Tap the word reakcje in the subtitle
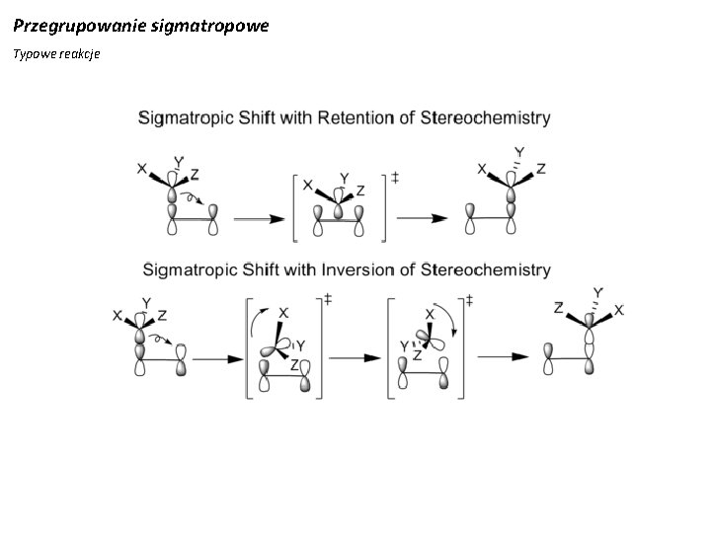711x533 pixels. pos(81,53)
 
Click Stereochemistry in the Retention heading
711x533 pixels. pos(486,117)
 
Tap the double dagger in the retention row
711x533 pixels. pos(395,178)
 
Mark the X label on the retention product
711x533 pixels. pos(482,169)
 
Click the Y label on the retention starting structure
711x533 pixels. pos(178,161)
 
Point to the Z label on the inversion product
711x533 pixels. pos(559,308)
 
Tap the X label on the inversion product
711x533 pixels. pos(619,310)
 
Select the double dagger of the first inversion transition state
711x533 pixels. pos(327,299)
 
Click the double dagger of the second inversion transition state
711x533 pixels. pos(468,299)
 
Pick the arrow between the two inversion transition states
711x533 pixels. pos(355,358)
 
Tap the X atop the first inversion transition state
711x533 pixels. pos(283,313)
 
